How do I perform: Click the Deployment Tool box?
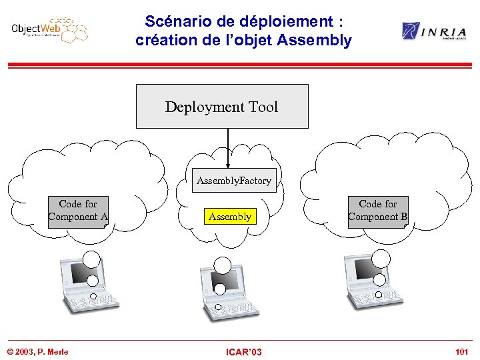[x=222, y=107]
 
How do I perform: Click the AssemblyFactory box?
[x=233, y=181]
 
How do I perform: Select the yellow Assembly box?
[x=230, y=217]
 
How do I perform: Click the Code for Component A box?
[x=78, y=211]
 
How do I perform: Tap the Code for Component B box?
[x=378, y=211]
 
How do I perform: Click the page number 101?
[x=461, y=351]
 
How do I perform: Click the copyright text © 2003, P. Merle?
[x=37, y=351]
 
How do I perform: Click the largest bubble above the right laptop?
[x=381, y=257]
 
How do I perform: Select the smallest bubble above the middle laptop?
[x=219, y=307]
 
